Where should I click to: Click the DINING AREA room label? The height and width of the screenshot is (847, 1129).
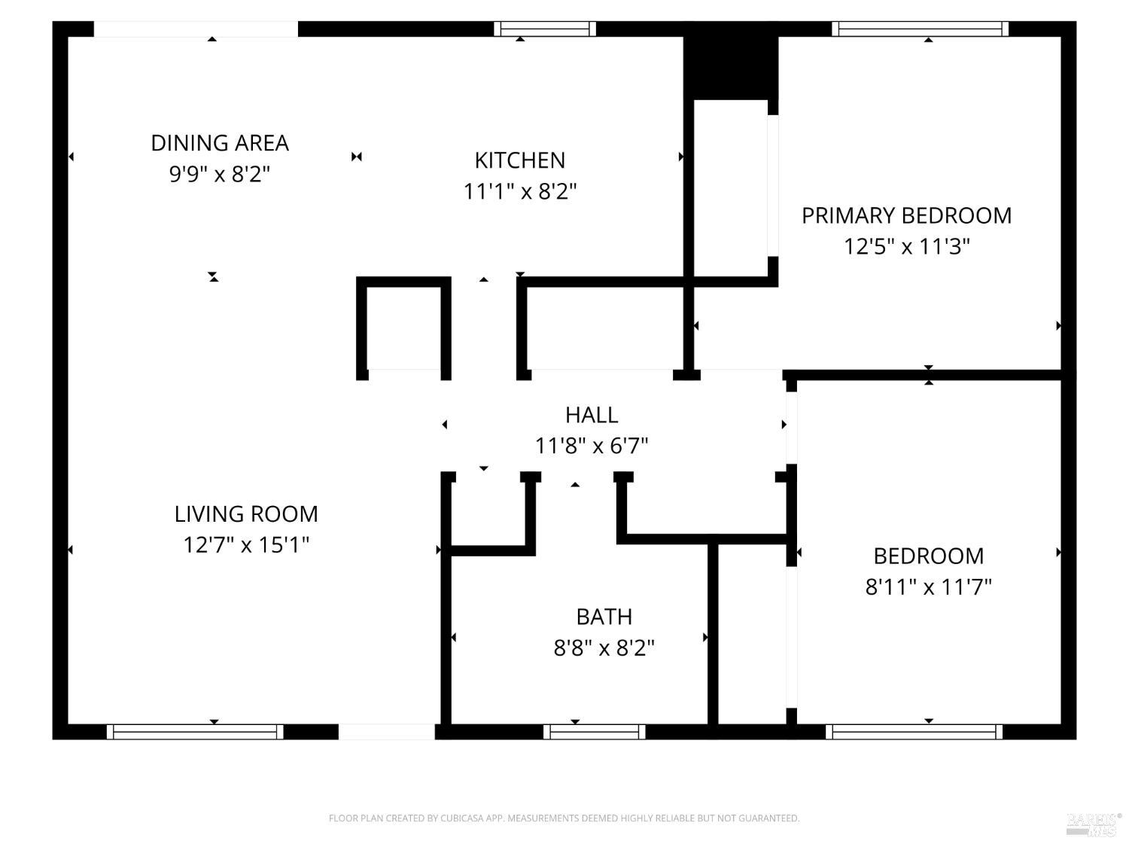pos(220,143)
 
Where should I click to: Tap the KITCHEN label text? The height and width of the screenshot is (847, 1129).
pos(519,160)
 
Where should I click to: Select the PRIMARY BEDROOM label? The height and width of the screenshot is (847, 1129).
pos(906,215)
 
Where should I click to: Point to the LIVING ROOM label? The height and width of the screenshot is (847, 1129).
pos(246,514)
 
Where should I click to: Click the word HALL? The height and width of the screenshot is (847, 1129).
pos(592,415)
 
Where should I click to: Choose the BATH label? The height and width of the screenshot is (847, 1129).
pos(604,617)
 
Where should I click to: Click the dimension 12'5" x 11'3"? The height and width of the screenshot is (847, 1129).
pos(906,247)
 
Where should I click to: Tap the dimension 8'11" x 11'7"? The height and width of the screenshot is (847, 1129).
pos(928,587)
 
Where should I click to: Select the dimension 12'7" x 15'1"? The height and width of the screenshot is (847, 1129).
pos(246,545)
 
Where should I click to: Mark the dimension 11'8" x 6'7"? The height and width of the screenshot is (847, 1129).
pos(592,446)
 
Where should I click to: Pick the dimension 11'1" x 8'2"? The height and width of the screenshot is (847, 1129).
pos(519,192)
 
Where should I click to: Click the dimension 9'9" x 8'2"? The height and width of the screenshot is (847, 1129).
pos(220,175)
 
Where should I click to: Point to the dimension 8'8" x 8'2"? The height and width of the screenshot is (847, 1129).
pos(604,648)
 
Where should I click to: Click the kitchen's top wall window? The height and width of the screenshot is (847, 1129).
pos(545,29)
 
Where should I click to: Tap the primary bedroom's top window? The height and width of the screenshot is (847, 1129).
pos(920,29)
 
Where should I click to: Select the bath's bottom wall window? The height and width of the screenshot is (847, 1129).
pos(595,732)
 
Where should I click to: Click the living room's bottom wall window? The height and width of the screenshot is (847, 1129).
pos(195,732)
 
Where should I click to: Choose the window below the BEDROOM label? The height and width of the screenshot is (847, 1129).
pos(914,732)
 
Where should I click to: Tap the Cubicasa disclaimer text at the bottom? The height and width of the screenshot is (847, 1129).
pos(564,818)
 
